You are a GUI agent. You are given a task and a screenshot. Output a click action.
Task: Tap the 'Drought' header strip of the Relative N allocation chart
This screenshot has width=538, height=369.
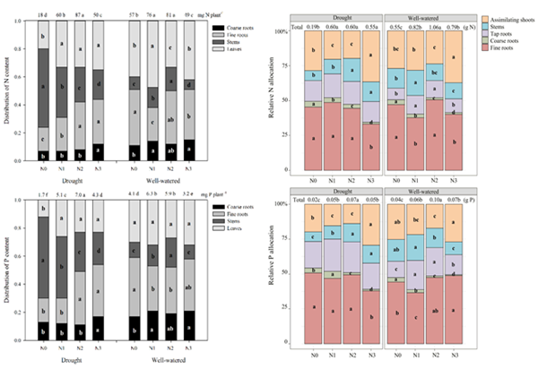pos(339,17)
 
